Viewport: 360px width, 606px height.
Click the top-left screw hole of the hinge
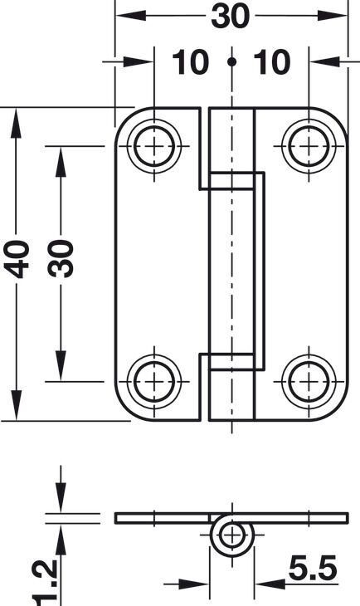(x=154, y=146)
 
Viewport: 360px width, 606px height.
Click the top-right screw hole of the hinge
(x=309, y=146)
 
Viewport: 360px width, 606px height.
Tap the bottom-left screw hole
(x=154, y=382)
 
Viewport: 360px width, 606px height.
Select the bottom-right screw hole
(x=309, y=382)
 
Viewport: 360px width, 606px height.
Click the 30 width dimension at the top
(x=231, y=17)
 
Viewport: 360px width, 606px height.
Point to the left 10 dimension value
(x=191, y=61)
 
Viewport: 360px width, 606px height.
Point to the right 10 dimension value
(x=272, y=61)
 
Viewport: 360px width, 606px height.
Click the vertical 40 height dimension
(x=17, y=259)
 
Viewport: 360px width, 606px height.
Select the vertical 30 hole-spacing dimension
(x=61, y=258)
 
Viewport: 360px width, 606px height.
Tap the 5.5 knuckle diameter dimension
(x=313, y=568)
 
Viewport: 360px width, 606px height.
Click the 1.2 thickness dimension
(x=46, y=583)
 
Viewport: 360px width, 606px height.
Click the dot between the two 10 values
(x=231, y=61)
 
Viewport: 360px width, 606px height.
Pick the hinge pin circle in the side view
(x=231, y=535)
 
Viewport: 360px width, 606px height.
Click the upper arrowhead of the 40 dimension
(x=16, y=123)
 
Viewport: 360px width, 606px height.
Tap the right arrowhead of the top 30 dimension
(x=332, y=16)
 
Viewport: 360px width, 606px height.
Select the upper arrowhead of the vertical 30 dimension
(x=61, y=162)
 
